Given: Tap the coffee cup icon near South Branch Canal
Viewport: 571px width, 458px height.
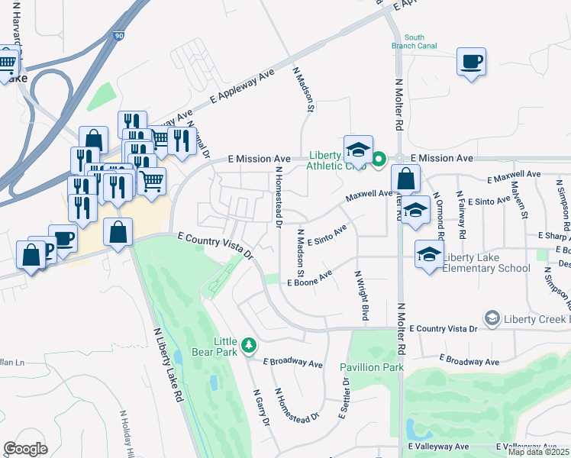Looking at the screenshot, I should [471, 61].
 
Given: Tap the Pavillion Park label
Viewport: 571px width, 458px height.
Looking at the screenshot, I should [371, 367].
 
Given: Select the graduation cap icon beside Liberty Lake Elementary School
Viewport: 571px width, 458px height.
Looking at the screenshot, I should [428, 253].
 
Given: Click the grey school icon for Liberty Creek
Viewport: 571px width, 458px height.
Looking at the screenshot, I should [492, 318].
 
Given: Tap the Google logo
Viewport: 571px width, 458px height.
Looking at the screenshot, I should [25, 448].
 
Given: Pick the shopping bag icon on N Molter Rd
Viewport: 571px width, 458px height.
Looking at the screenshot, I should [405, 179].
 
